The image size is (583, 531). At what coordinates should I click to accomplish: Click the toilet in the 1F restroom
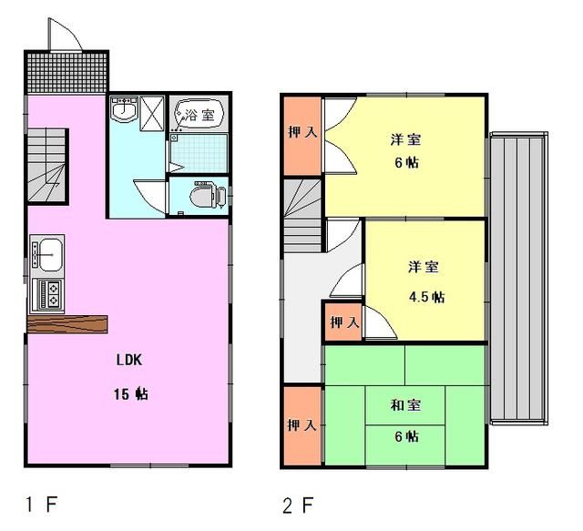pos(208,195)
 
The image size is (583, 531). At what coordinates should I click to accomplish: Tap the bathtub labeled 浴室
pos(199,115)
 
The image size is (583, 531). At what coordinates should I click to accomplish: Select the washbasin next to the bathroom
pos(125,109)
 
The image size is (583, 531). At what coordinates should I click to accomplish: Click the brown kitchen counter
pos(67,324)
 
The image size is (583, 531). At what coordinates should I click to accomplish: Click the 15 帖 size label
pos(131,393)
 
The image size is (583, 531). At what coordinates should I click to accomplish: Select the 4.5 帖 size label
pos(426,297)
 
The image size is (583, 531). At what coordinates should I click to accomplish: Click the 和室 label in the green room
pos(405,405)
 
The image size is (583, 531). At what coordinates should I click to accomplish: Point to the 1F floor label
pos(41,505)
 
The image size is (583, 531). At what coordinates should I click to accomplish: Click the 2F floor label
pos(298,505)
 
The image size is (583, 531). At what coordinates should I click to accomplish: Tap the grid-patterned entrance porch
pos(66,72)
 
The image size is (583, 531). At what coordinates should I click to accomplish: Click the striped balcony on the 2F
pos(519,279)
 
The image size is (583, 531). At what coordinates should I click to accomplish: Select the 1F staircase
pos(46,166)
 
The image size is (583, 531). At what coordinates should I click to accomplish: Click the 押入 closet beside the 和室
pos(302,425)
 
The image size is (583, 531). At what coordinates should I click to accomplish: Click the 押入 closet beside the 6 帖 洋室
pos(303,136)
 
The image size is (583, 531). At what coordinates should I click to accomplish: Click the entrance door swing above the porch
pos(66,35)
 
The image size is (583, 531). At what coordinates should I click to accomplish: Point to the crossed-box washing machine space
pos(152,114)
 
